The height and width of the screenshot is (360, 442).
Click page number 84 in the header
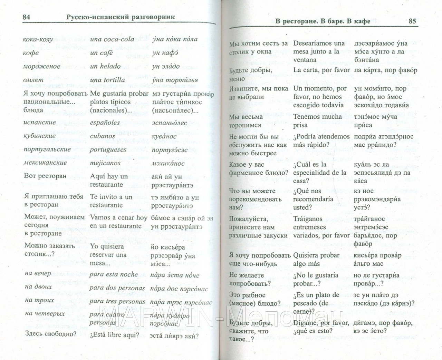[27, 17]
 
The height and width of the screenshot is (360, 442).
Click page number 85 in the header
[412, 21]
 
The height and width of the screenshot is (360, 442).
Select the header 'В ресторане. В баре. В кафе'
[323, 21]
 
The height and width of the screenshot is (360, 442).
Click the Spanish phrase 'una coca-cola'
[112, 39]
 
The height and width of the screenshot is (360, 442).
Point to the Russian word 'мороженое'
[41, 66]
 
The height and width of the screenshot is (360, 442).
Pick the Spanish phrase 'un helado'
[105, 66]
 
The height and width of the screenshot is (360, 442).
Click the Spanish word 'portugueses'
[108, 150]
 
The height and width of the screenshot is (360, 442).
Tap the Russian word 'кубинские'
[40, 136]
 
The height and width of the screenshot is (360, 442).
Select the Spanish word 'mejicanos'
[105, 163]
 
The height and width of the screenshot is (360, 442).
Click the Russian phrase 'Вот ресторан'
[45, 176]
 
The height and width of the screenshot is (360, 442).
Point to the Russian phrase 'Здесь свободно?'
[50, 334]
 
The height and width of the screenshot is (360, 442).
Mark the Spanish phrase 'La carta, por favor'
[321, 70]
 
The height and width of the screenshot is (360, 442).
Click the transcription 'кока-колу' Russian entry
[38, 39]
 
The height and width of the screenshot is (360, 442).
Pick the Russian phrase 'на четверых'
[45, 314]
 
